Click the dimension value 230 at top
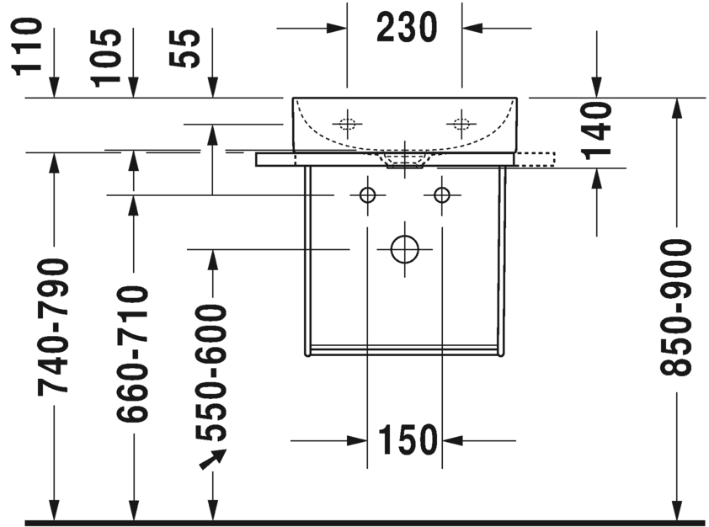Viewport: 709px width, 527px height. [406, 29]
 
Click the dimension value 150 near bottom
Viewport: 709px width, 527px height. [407, 439]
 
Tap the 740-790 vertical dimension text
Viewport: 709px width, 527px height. [55, 326]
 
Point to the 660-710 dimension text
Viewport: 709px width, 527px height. [132, 354]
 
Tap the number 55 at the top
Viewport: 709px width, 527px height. [189, 49]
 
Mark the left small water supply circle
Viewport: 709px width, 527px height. [367, 195]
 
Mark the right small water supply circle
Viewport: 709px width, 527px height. [441, 195]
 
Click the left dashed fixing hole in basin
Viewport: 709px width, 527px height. [347, 124]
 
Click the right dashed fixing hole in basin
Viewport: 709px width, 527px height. [461, 124]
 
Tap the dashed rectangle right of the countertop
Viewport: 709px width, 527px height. [536, 157]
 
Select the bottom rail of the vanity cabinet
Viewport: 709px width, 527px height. [404, 349]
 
